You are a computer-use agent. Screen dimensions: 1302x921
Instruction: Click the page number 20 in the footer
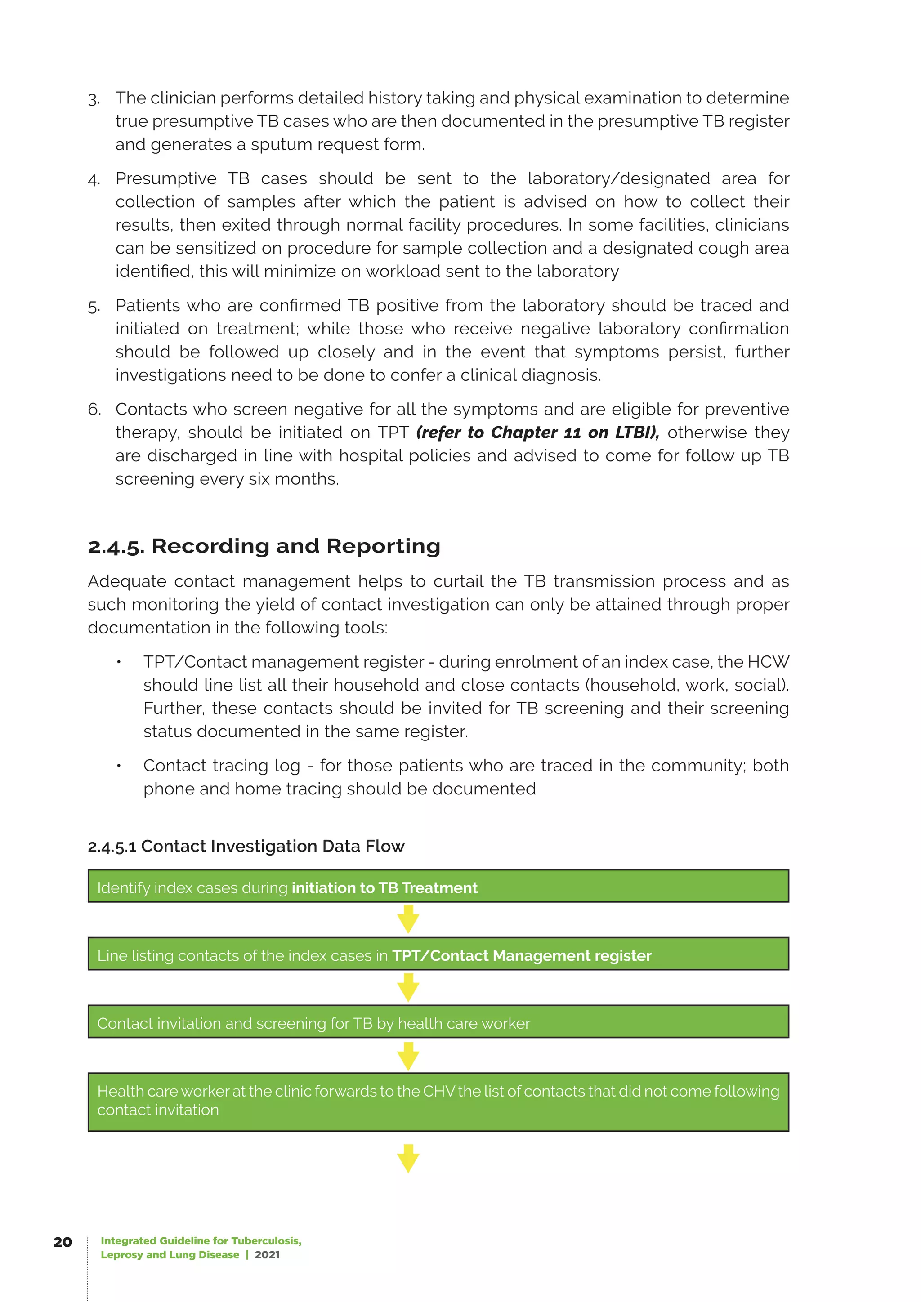pyautogui.click(x=63, y=1242)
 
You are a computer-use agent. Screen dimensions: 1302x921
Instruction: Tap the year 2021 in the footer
pyautogui.click(x=267, y=1254)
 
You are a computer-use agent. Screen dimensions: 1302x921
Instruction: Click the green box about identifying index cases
pyautogui.click(x=438, y=886)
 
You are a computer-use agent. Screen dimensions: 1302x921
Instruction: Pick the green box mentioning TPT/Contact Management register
pyautogui.click(x=438, y=954)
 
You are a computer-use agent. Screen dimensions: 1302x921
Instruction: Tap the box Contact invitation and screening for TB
pyautogui.click(x=438, y=1021)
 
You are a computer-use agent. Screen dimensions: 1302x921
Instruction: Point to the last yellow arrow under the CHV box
pyautogui.click(x=408, y=1159)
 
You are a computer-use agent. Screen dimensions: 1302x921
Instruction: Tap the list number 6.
pyautogui.click(x=94, y=410)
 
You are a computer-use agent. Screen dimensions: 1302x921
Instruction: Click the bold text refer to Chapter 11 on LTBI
pyautogui.click(x=537, y=432)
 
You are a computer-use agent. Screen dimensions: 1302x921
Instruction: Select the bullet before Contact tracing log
pyautogui.click(x=119, y=766)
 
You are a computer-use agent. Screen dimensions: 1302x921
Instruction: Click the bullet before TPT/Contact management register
pyautogui.click(x=119, y=662)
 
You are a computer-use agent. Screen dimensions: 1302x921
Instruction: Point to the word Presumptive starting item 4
pyautogui.click(x=165, y=178)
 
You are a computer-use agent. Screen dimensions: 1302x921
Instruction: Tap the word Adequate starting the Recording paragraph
pyautogui.click(x=126, y=581)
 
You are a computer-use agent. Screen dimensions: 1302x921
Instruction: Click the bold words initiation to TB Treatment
pyautogui.click(x=384, y=887)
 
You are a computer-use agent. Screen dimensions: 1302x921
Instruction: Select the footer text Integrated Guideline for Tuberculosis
pyautogui.click(x=201, y=1241)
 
